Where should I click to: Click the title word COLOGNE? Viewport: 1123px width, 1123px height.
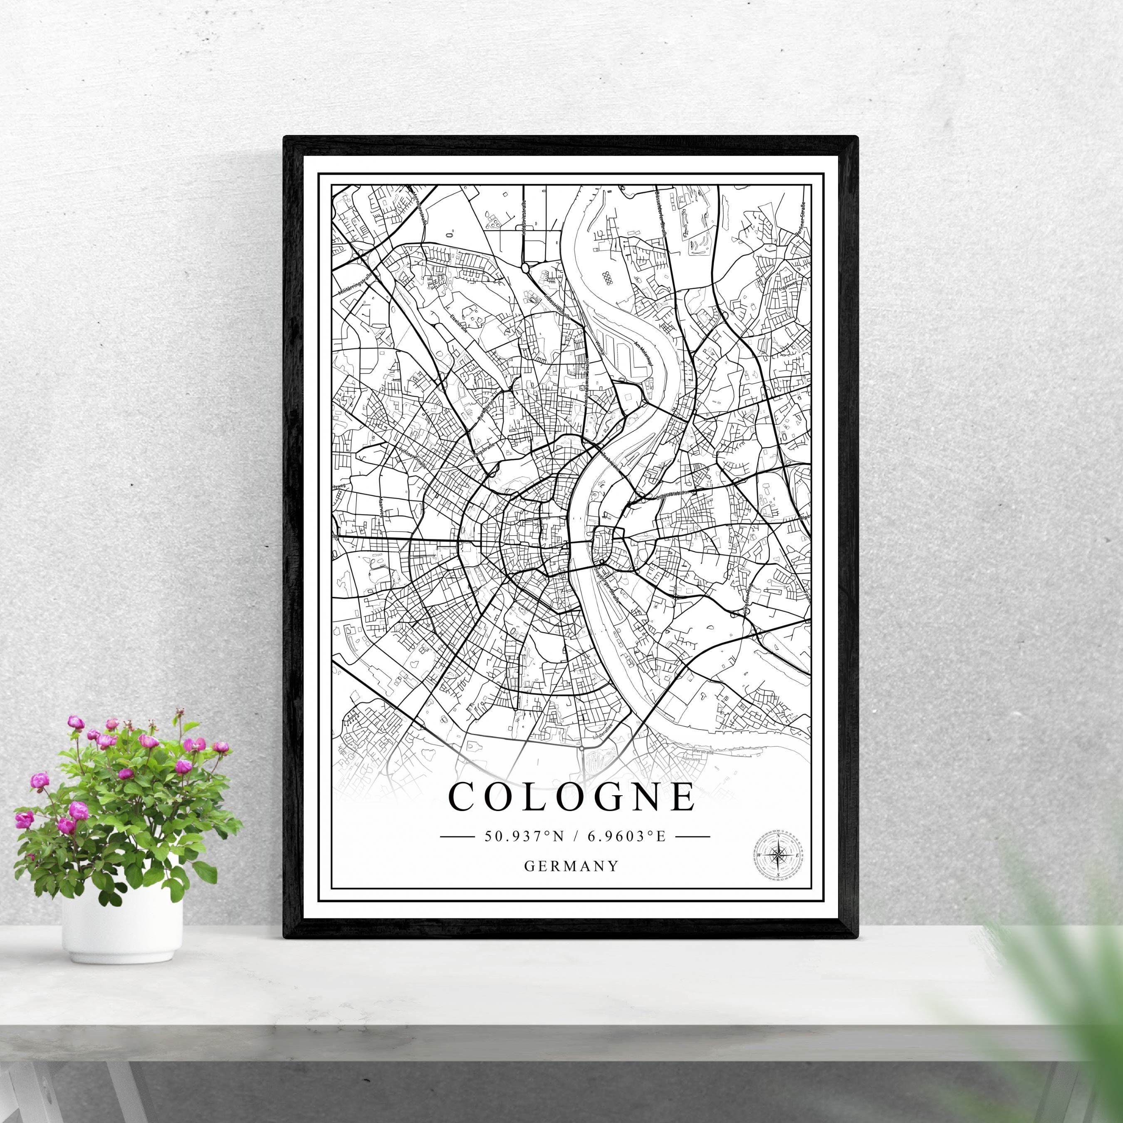[572, 797]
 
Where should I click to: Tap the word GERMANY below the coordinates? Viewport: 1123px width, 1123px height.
[571, 866]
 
